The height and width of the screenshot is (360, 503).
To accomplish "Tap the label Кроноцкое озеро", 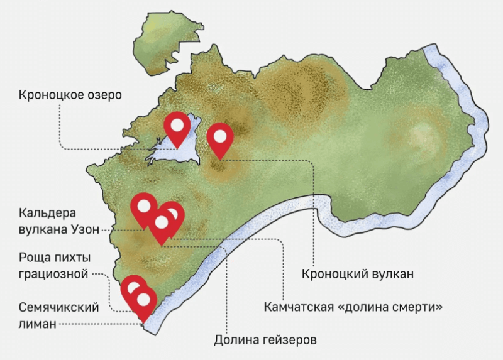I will click(70, 95).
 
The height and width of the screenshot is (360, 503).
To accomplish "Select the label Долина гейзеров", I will click(264, 341).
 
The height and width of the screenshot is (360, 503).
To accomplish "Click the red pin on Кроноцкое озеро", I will click(177, 126).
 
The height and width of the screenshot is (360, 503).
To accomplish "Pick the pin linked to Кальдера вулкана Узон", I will click(144, 206).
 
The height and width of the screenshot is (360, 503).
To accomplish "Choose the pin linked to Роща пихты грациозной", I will click(133, 289).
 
